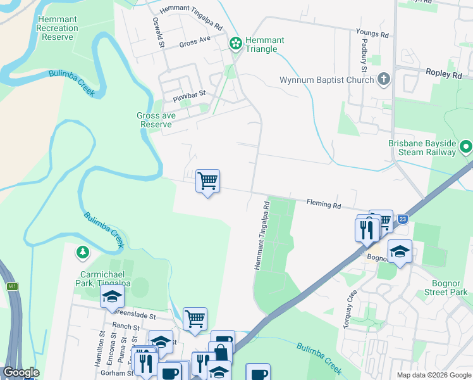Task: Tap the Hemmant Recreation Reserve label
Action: point(58,28)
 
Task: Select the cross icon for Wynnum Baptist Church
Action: point(383,80)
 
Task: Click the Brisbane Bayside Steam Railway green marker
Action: point(466,147)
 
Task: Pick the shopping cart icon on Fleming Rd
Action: point(207,182)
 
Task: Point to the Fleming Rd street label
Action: point(324,205)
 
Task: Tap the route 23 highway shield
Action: point(403,219)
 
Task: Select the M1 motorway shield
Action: point(12,287)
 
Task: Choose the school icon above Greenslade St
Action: point(113,296)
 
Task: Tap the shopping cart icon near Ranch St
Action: point(195,319)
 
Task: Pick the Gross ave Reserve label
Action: point(156,120)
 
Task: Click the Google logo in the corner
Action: point(21,372)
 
